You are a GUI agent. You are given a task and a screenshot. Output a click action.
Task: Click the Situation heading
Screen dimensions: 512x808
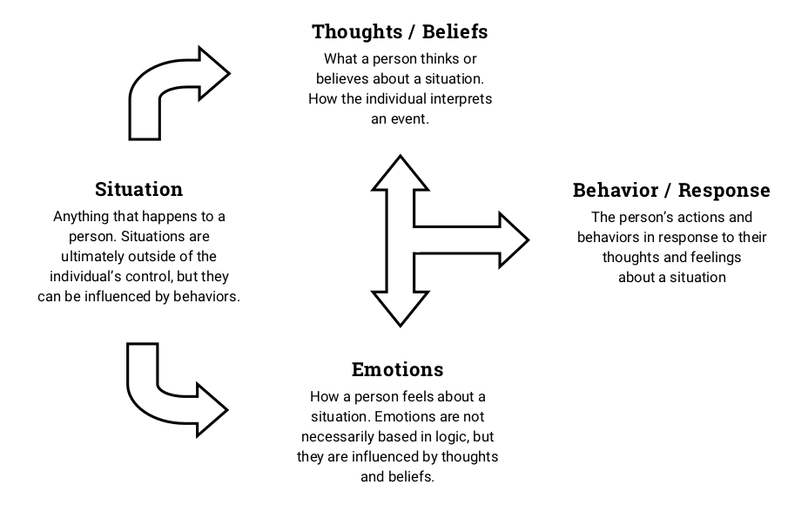(138, 189)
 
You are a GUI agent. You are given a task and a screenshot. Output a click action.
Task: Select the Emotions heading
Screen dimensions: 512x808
(397, 369)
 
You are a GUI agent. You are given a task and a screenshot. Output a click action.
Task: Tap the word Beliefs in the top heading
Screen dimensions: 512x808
(454, 32)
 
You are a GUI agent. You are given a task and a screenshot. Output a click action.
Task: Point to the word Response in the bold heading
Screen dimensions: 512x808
(724, 190)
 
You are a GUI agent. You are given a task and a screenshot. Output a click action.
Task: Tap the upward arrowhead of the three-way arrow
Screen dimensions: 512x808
(401, 172)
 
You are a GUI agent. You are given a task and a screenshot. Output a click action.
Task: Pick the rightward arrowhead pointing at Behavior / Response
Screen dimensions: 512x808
(513, 239)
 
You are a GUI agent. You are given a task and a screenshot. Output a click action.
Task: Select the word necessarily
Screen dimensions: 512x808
(340, 436)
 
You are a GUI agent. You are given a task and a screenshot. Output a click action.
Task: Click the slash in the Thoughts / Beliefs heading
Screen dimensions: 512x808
(409, 32)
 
